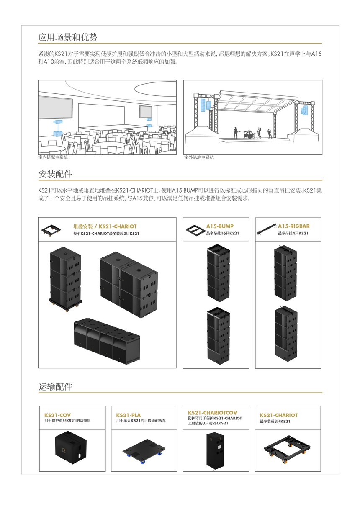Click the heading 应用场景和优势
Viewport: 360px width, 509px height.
tap(68, 37)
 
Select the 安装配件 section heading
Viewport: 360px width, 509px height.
tap(55, 174)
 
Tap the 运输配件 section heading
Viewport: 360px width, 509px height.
tap(55, 386)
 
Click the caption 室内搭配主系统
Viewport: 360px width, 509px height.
tap(53, 157)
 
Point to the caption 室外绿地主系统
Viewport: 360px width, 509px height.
tap(199, 157)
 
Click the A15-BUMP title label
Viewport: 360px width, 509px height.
tap(220, 226)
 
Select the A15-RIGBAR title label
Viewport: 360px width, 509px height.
tap(293, 226)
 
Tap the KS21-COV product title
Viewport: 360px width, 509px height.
tap(57, 415)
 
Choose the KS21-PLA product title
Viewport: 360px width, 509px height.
tap(129, 415)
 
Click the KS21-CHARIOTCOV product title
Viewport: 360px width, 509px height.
tap(212, 413)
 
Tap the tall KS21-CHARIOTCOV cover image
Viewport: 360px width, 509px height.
tap(215, 449)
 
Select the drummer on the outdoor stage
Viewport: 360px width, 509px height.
tap(248, 134)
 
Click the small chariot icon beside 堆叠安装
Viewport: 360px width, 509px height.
tap(51, 230)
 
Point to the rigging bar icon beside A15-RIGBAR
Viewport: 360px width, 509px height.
tap(267, 229)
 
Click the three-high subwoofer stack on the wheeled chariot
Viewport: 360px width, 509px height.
tap(65, 279)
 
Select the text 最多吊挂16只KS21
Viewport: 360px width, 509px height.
tap(223, 233)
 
